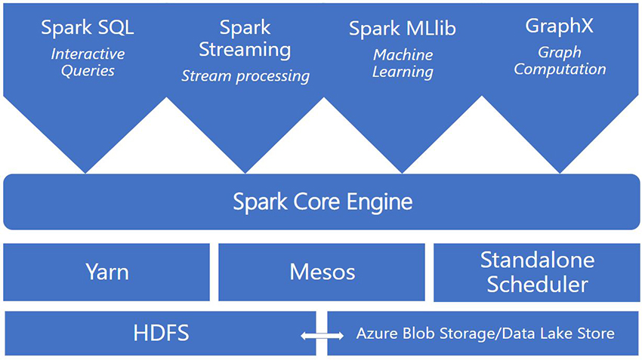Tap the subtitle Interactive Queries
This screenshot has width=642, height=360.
(88, 62)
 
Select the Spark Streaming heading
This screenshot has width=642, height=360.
(245, 39)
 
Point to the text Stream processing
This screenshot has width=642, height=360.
(245, 76)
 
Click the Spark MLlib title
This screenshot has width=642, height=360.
(402, 29)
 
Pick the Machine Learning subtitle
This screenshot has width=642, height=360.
(403, 63)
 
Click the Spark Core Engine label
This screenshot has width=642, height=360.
(323, 202)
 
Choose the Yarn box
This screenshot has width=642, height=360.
(106, 272)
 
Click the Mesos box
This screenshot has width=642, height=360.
(322, 272)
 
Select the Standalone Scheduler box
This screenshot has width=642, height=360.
(536, 272)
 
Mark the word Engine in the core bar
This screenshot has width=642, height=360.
(377, 202)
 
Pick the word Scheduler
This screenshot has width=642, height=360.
(537, 285)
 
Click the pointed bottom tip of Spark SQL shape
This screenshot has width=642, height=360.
(87, 171)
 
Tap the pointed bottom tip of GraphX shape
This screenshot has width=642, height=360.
(560, 171)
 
